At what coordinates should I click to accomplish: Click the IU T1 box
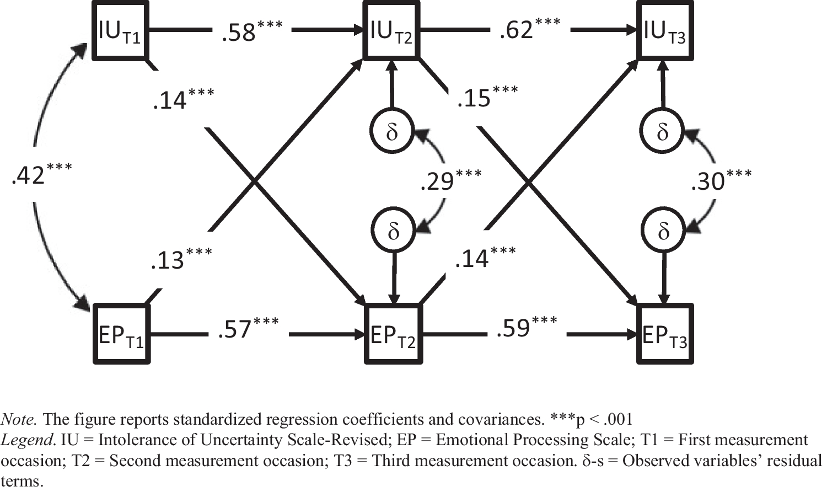pos(120,30)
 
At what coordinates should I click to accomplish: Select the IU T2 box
pos(391,30)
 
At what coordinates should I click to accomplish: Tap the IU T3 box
pos(664,30)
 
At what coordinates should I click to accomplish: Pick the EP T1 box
pos(121,334)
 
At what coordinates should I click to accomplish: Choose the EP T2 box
pos(393,334)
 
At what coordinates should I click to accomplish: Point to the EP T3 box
pos(665,334)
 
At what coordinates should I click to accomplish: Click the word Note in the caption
pos(19,420)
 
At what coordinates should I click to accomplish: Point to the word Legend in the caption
pos(28,440)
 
